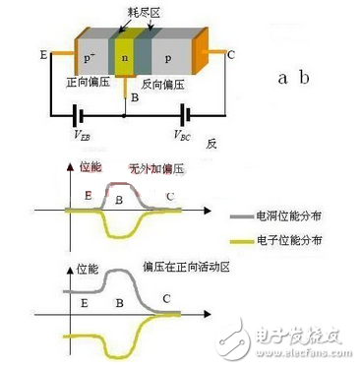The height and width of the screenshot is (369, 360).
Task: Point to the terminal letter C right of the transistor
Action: click(230, 55)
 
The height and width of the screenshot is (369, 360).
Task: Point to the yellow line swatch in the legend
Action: click(242, 241)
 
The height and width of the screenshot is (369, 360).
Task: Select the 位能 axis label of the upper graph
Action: click(88, 169)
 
